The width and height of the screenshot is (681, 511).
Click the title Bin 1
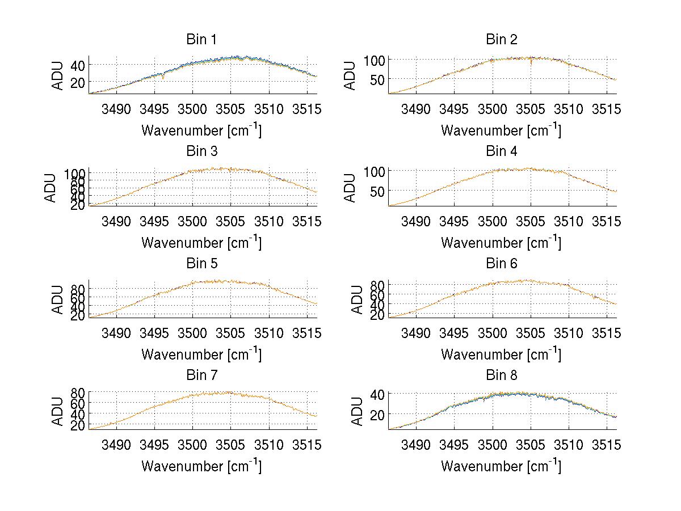point(201,40)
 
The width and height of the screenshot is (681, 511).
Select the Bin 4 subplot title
point(501,151)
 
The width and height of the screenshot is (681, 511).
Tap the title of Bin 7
point(201,375)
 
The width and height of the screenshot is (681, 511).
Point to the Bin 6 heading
point(501,264)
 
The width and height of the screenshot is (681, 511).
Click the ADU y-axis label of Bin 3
point(51,187)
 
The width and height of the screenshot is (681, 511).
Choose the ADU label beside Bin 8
point(358,411)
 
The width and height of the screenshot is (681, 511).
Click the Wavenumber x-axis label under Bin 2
point(501,130)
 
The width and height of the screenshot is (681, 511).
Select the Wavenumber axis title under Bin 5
point(201,354)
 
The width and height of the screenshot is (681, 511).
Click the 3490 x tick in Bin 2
point(416,108)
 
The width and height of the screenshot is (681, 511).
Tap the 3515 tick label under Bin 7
point(307,444)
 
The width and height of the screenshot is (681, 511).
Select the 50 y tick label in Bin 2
point(377,78)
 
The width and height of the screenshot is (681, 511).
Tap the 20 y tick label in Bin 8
point(377,415)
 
